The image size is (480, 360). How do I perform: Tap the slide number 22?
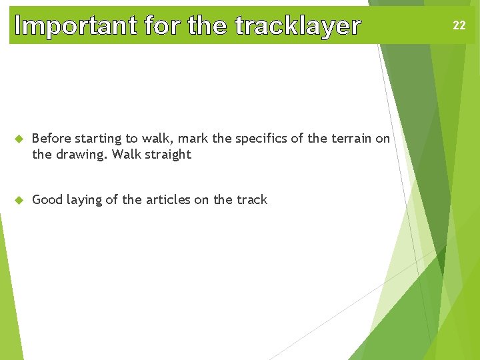459,26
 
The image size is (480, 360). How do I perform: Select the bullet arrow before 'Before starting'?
19,139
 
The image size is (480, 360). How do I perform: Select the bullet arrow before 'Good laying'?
19,200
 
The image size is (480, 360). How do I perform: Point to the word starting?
99,139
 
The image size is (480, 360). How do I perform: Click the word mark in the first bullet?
194,139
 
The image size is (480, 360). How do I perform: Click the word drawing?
80,155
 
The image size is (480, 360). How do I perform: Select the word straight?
167,155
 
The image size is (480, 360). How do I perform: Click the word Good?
47,200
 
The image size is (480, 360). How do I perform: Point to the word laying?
83,200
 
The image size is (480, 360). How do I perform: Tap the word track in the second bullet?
251,200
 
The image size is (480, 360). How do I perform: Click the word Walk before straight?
125,155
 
